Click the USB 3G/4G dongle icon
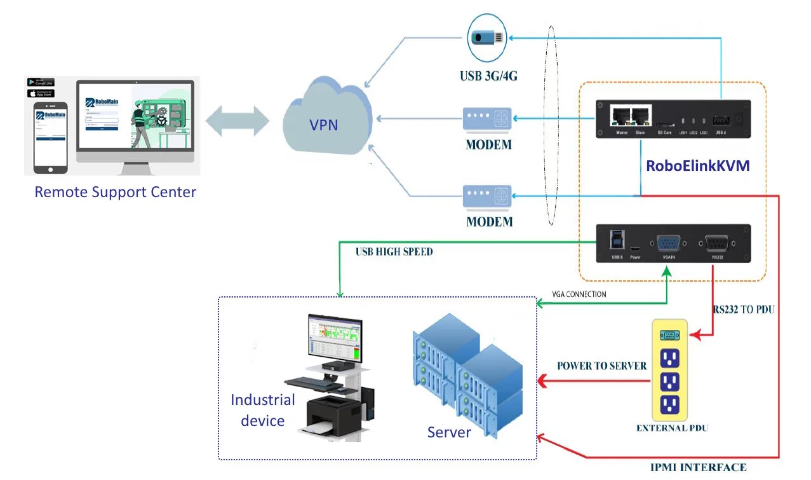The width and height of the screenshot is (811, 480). coord(487,37)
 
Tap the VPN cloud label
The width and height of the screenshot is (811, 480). coord(323,125)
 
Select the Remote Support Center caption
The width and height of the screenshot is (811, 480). coord(116,191)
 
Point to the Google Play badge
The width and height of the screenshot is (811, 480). coord(41,82)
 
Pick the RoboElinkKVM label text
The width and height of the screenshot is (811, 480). coord(697,166)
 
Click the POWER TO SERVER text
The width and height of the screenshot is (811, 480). coord(601,366)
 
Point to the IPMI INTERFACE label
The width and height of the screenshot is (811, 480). coord(698,467)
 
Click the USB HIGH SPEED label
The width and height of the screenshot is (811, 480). coord(394,252)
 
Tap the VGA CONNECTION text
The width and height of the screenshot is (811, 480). coord(579,294)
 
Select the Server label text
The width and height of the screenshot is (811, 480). coord(449,433)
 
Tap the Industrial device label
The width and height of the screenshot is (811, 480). coord(262,410)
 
